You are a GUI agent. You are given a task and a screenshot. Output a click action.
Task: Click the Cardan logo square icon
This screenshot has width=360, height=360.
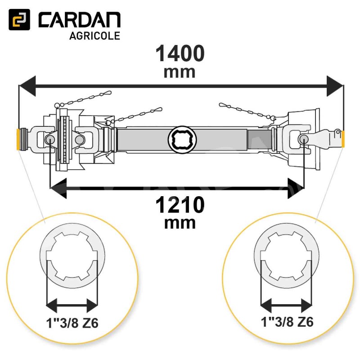[x=19, y=19]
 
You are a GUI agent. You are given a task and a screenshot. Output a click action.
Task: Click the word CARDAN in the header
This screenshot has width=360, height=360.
[x=80, y=20]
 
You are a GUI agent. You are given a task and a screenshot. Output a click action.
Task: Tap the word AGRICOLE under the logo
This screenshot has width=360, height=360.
[x=94, y=36]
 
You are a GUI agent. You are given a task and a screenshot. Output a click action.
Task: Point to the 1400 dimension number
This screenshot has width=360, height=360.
[x=180, y=54]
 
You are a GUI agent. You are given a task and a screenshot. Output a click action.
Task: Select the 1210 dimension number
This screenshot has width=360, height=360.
[x=180, y=205]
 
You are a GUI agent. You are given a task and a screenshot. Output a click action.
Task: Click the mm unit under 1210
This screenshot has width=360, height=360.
[x=180, y=223]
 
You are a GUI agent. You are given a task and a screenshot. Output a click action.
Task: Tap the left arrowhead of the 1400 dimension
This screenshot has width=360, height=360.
[x=27, y=86]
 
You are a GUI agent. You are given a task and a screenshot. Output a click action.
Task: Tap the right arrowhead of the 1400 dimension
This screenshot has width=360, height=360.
[x=335, y=86]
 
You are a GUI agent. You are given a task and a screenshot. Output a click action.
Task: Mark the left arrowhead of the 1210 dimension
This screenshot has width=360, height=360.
[x=58, y=188]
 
